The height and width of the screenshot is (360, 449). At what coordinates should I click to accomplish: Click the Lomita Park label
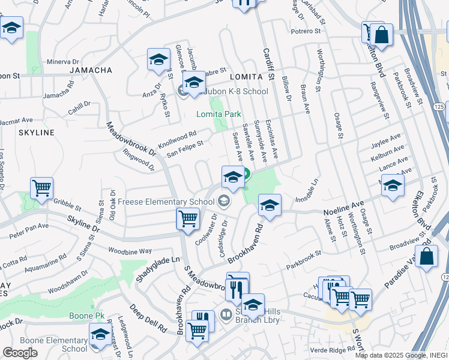coord(220,113)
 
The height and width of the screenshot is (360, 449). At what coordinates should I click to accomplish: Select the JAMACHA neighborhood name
coord(91,70)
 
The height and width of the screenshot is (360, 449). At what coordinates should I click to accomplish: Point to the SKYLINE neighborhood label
coord(37,132)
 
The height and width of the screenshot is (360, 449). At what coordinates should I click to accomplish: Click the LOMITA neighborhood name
coord(246,77)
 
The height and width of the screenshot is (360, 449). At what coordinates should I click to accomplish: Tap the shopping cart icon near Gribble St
coord(42,188)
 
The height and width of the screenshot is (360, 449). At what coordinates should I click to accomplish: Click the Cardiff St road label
coord(268,66)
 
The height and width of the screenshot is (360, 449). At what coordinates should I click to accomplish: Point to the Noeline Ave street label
coord(344,209)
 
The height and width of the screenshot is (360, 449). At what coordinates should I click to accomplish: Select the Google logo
coord(20,352)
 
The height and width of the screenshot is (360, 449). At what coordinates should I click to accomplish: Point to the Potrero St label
coord(307,31)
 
